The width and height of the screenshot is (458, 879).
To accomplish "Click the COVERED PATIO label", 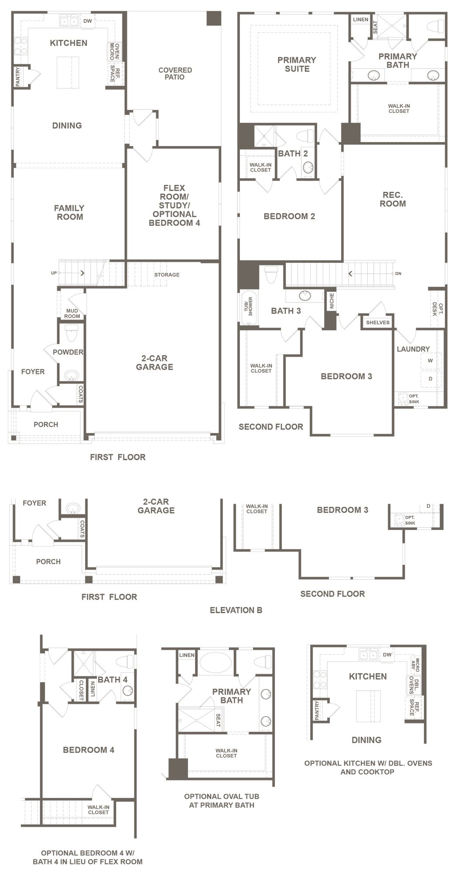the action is pos(175,73).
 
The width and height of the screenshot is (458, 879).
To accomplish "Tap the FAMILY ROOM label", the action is pos(69,212).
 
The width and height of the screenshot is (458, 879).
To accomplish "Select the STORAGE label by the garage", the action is pos(167,275).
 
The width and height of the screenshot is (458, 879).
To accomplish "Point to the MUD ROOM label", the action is pos(72,313).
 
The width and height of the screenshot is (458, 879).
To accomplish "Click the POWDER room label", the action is pos(68,352).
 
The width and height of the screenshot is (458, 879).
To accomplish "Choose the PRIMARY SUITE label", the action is pos(297,64).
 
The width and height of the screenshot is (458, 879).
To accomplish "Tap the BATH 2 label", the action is pos(293,153).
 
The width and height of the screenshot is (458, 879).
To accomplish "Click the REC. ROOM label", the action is pos(393,199).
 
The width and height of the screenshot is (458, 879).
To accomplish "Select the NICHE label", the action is pos(332,301).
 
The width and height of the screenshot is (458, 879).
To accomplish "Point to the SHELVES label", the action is pos(378,322).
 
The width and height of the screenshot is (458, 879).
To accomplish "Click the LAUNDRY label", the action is pos(413,349).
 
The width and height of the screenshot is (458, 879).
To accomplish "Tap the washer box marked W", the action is pos(431,361).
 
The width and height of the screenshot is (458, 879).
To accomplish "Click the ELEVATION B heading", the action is pos(236,610).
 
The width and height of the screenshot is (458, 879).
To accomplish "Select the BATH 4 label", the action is pos(113,679).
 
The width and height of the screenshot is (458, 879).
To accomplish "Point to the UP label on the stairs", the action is pos(54,273).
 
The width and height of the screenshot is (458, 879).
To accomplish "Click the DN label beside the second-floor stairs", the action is pos(398,274).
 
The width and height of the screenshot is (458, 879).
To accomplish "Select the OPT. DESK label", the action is pos(437,309).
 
